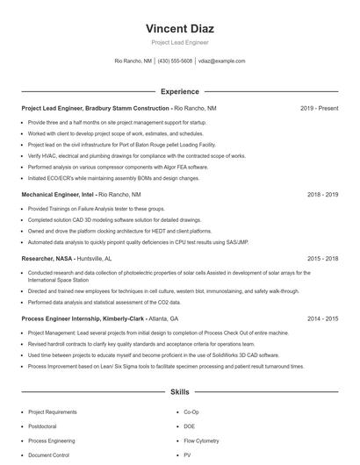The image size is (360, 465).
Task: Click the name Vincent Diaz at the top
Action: click(179, 28)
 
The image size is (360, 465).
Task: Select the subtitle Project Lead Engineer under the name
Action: click(179, 42)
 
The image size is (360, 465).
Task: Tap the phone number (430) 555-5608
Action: click(175, 61)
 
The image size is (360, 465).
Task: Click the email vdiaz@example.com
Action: click(222, 61)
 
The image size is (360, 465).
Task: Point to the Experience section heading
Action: click(179, 91)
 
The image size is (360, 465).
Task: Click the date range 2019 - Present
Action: click(319, 108)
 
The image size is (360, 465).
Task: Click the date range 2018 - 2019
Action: click(322, 193)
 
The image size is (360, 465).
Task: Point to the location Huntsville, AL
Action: click(95, 259)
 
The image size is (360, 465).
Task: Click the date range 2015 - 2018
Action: click(322, 259)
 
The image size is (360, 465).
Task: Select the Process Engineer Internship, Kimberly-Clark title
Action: click(83, 318)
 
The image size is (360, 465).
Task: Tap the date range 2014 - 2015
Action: click(322, 318)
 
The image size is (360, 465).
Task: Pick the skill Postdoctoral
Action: click(43, 426)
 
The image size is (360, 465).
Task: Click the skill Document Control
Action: click(48, 455)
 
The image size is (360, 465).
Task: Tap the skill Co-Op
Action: click(191, 411)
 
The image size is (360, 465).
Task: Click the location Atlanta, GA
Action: click(162, 318)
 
